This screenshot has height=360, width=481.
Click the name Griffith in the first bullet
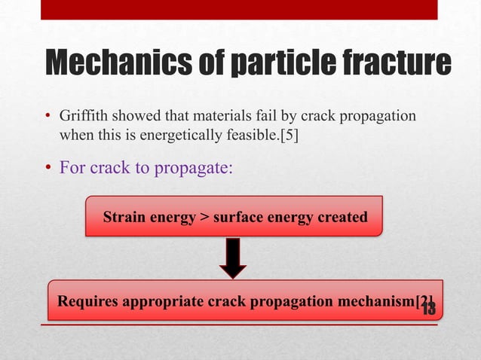pos(82,117)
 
